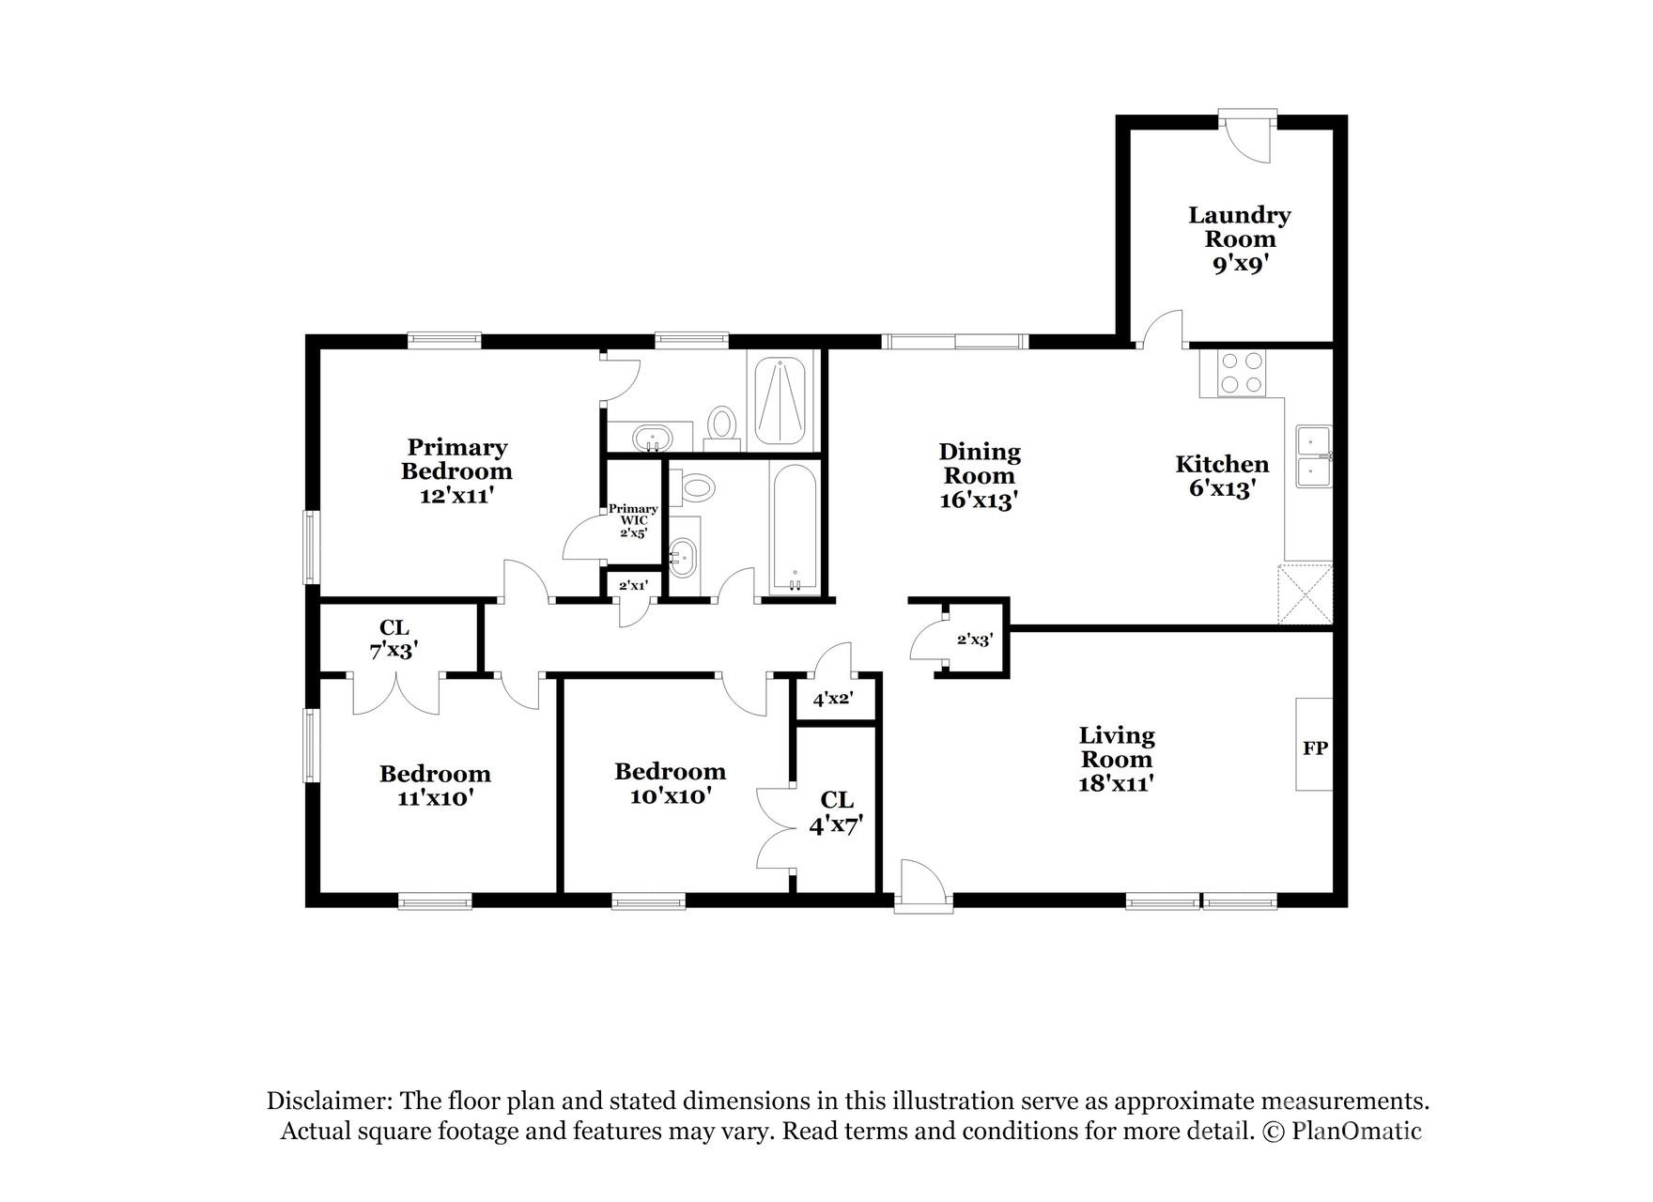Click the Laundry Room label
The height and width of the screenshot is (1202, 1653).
click(1239, 227)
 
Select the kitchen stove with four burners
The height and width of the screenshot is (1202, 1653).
click(1242, 373)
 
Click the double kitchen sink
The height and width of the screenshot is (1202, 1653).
click(1313, 456)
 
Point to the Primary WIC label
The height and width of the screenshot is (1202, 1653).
click(632, 515)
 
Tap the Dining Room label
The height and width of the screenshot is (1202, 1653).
click(979, 464)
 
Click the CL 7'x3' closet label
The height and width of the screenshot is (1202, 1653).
click(394, 639)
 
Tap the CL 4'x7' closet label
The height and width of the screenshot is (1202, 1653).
click(836, 812)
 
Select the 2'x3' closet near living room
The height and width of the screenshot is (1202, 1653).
click(974, 640)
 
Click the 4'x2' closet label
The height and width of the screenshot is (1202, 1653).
click(832, 700)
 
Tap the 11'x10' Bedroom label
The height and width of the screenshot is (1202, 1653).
click(435, 786)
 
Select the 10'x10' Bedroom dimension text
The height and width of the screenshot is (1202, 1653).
click(670, 796)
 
